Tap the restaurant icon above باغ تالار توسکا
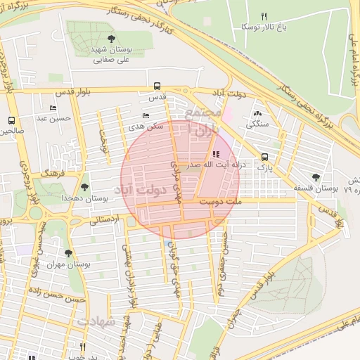coord(264,15)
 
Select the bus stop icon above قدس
coord(157,87)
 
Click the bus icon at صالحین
coord(11,120)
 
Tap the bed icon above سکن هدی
coord(146,115)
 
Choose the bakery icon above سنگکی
coord(257,112)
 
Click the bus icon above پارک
coord(264,157)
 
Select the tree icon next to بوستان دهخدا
coord(85,187)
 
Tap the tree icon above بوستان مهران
coord(68,252)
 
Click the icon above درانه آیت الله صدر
coord(214,154)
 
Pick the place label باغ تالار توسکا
coord(264,26)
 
